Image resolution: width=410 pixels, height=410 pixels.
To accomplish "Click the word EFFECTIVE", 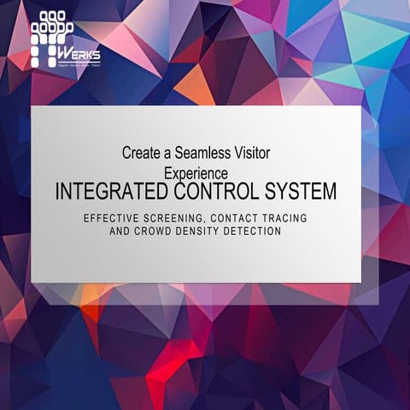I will coord(112,219).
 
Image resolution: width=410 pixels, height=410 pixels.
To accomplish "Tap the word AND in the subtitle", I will coord(121,231).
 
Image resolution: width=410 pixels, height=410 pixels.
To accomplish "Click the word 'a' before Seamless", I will coord(169,154).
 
